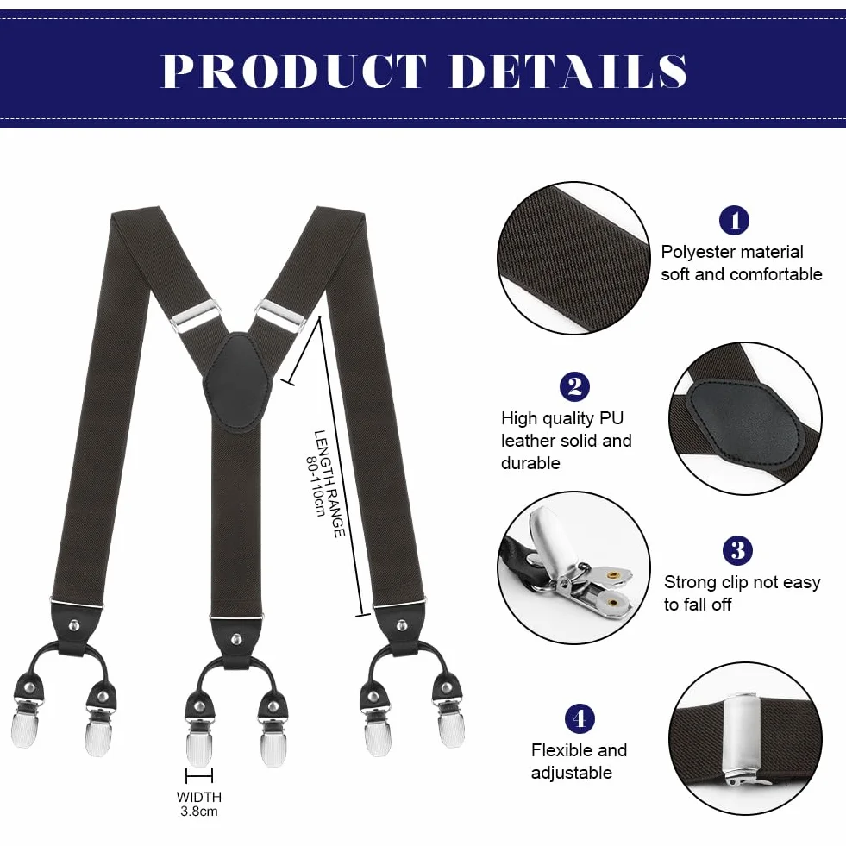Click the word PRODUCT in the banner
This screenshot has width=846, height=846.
(x=295, y=71)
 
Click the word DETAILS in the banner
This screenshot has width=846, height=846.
(x=568, y=71)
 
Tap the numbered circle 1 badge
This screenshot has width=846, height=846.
(x=734, y=220)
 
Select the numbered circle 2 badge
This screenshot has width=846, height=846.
(x=574, y=386)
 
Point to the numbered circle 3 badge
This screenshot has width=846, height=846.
(x=737, y=550)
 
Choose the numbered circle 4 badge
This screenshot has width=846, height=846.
(x=580, y=718)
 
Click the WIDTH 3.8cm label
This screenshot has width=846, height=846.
(x=199, y=804)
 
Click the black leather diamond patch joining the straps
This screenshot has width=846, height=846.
(x=237, y=382)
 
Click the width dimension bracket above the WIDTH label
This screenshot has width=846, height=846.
(x=199, y=776)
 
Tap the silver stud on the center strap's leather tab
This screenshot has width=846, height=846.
(x=236, y=640)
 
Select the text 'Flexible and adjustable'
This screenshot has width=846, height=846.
(x=579, y=761)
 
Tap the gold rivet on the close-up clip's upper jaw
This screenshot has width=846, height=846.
(x=612, y=575)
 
